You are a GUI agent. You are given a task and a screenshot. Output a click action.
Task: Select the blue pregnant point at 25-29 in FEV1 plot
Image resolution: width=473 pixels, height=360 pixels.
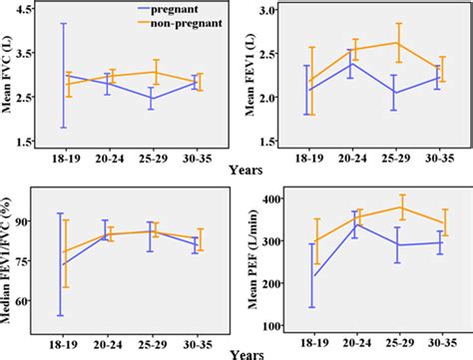point(398,93)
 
